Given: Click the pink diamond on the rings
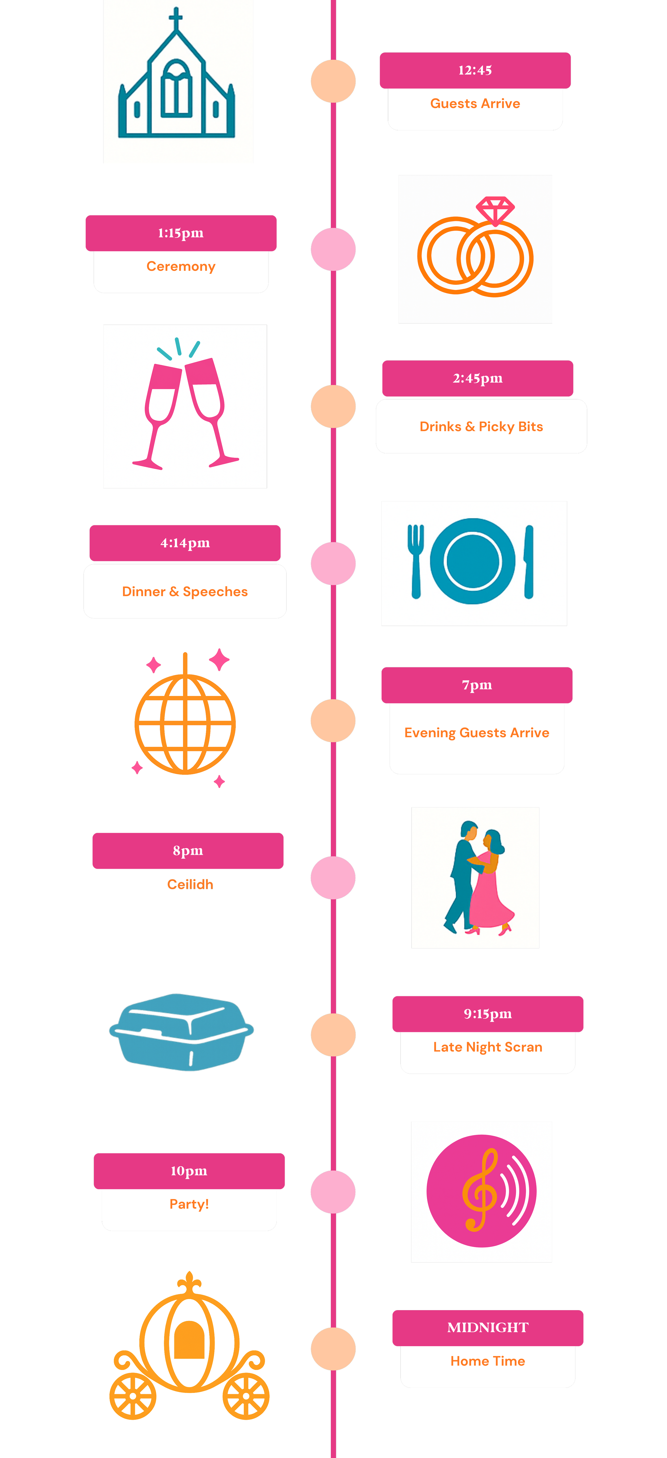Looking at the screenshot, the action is (495, 210).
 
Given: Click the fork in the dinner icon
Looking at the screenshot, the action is (416, 560).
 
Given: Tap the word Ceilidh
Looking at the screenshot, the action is (190, 884).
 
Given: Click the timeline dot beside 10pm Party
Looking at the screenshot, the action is (333, 1192).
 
